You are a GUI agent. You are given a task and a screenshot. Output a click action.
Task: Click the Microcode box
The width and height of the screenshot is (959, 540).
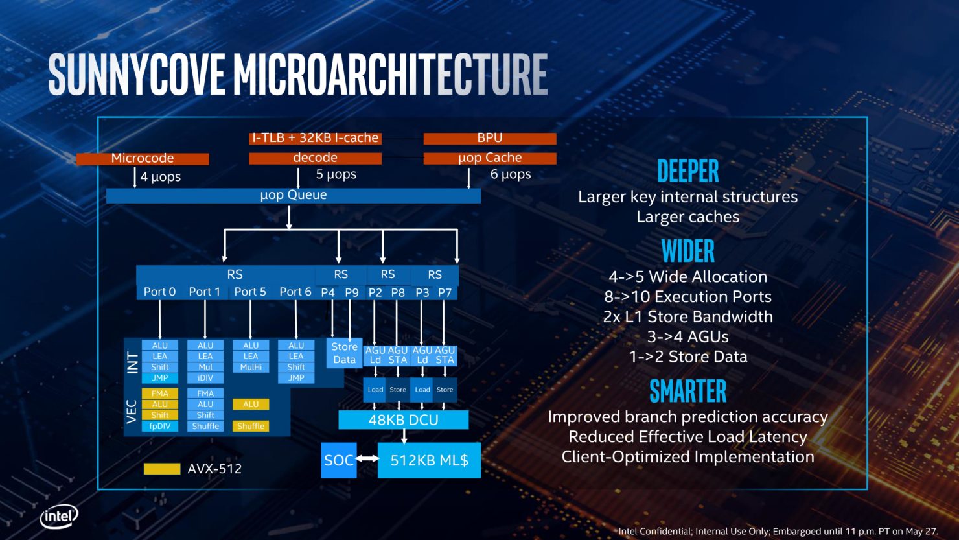[143, 158]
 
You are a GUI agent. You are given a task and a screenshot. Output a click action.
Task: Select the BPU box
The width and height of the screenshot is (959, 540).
[490, 138]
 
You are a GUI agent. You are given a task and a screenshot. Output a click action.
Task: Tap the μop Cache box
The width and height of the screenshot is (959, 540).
[490, 158]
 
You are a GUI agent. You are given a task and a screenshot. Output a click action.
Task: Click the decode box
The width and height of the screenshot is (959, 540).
[315, 158]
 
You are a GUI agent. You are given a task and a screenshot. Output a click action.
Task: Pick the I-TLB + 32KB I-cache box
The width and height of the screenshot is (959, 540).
[315, 138]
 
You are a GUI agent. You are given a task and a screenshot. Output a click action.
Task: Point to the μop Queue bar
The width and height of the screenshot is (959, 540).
[293, 195]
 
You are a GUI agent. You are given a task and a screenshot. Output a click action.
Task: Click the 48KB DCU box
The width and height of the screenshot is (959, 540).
[403, 420]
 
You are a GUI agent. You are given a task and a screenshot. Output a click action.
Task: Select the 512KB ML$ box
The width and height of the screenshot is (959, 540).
[429, 460]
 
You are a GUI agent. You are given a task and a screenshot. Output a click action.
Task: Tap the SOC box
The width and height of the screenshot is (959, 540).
[338, 460]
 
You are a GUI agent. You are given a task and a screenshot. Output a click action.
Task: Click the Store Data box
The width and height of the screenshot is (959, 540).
[344, 353]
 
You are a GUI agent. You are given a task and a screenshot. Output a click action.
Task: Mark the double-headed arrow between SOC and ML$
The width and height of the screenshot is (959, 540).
[367, 459]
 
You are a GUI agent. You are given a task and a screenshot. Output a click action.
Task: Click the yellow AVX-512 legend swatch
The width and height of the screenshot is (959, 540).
[161, 469]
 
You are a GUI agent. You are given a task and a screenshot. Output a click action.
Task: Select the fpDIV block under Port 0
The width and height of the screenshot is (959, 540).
[159, 426]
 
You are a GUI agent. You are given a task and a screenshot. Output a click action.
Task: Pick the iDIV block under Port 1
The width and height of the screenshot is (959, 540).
[205, 377]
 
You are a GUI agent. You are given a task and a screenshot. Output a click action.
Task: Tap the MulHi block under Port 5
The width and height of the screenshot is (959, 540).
[251, 367]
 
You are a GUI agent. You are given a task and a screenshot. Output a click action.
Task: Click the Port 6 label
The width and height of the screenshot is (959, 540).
[295, 292]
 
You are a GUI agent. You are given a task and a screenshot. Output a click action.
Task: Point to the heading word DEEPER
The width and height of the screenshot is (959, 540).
[687, 171]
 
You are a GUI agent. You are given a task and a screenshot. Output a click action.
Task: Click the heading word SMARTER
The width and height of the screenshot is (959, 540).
[687, 392]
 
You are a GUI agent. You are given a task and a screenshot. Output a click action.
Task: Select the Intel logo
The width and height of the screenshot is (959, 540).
[59, 517]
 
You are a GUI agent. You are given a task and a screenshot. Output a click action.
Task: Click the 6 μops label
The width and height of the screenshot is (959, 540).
[511, 174]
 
